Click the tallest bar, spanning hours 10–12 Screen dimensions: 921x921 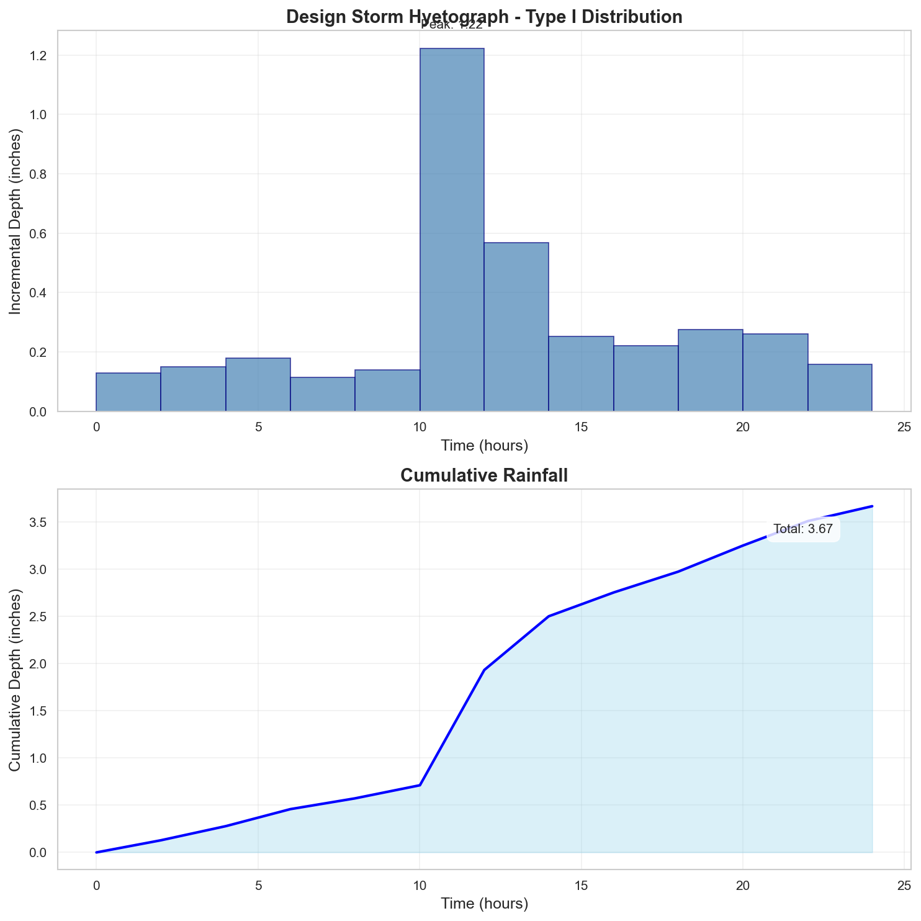[x=452, y=230]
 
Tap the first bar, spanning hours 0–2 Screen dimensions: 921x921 [x=128, y=392]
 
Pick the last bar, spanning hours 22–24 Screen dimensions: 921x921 [x=840, y=388]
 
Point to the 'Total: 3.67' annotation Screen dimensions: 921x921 [x=803, y=530]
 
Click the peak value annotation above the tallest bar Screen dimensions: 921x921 [x=452, y=25]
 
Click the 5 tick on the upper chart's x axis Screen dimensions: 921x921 [x=258, y=427]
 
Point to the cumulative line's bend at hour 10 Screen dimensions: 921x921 [x=420, y=785]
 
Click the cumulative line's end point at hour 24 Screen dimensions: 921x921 [x=872, y=506]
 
